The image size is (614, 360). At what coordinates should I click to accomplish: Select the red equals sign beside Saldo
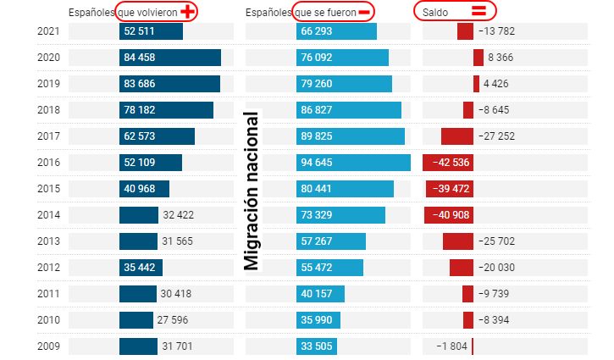click(x=478, y=11)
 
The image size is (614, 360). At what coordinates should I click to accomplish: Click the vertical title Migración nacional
click(x=252, y=191)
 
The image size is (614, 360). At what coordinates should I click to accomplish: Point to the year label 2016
click(x=48, y=163)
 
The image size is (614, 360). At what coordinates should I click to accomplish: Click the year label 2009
click(x=48, y=346)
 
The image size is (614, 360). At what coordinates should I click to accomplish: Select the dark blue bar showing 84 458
click(x=169, y=58)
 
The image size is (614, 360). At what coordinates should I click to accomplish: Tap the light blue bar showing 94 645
click(x=353, y=163)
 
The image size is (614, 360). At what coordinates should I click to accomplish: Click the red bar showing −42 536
click(x=447, y=163)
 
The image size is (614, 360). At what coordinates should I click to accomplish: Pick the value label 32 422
click(x=178, y=215)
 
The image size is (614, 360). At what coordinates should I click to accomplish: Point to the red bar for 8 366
click(x=478, y=58)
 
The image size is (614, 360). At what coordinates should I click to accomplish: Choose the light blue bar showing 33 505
click(x=317, y=346)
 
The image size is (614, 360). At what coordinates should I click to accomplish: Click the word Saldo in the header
click(x=435, y=12)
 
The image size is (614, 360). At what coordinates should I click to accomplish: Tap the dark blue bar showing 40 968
click(x=144, y=189)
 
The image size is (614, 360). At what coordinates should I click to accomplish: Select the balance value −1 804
click(x=451, y=346)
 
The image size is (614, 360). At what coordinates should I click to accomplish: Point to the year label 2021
click(x=48, y=31)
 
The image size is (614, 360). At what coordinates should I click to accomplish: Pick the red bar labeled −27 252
click(x=457, y=136)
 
